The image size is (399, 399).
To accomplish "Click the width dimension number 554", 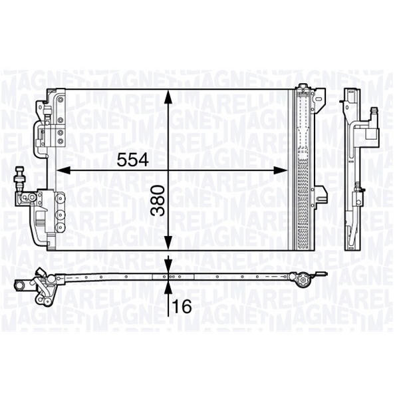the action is (x=132, y=160).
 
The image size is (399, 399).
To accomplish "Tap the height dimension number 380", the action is (x=158, y=201).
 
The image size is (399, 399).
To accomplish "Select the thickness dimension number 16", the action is (x=182, y=306).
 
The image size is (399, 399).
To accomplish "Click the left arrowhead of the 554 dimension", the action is (x=63, y=170).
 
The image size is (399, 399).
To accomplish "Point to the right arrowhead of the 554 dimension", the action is (x=280, y=170).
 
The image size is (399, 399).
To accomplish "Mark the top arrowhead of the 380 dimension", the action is (x=168, y=97).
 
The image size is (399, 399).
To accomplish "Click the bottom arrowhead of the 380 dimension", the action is (x=168, y=243).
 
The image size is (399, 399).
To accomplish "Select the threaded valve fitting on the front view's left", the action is (x=19, y=178).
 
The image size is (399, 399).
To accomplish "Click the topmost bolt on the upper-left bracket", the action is (x=61, y=100).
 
